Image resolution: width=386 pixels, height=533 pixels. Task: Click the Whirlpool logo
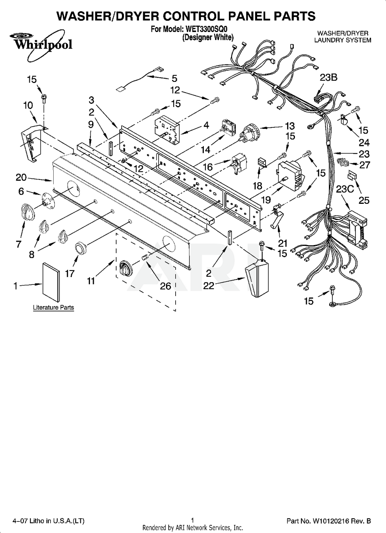41,45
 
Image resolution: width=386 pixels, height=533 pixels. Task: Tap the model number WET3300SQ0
207,29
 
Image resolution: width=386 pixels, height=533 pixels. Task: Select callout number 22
209,286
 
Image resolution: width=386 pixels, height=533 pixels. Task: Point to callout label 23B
328,78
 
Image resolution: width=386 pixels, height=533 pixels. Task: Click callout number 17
70,273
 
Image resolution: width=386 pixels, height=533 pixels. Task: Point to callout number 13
289,126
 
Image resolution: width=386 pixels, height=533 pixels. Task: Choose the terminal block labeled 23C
357,230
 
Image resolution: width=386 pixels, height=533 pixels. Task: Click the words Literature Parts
54,308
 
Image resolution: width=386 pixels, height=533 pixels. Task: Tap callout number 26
165,286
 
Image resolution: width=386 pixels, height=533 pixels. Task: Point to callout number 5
174,78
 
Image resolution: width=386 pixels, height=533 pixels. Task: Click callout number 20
21,177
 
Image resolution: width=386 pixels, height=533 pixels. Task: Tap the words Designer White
208,37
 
